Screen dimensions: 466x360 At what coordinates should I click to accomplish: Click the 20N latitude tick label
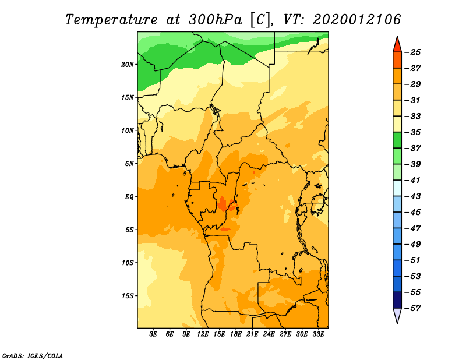(x=127, y=65)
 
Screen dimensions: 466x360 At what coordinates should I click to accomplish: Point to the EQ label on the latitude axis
(x=129, y=197)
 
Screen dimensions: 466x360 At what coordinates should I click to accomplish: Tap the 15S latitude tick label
(x=128, y=296)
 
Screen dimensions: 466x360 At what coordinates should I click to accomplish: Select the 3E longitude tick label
(x=153, y=334)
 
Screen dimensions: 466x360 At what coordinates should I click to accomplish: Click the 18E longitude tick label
(x=235, y=334)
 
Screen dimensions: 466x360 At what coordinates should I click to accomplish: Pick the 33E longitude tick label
(x=318, y=334)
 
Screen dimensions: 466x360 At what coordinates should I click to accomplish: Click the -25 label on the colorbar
(x=412, y=52)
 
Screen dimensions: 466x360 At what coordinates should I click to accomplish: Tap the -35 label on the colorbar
(x=412, y=132)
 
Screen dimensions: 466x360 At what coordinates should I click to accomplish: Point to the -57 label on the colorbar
(x=412, y=308)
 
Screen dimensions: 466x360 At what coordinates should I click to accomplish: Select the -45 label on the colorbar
(x=412, y=212)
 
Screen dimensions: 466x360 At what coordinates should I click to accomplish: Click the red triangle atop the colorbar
(x=397, y=45)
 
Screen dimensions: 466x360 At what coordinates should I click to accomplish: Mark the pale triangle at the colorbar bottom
(x=397, y=315)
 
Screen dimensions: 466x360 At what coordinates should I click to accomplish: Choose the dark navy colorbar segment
(x=397, y=300)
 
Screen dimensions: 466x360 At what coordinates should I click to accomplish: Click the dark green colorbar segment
(x=397, y=140)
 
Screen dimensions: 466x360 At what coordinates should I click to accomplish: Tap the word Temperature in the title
(x=111, y=20)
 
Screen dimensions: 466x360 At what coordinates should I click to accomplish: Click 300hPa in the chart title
(x=216, y=20)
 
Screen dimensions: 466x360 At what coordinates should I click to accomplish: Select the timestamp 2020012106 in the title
(x=357, y=20)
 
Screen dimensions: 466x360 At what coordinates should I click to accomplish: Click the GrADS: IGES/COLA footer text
(x=33, y=356)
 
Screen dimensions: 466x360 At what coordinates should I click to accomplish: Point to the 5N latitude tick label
(x=129, y=164)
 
